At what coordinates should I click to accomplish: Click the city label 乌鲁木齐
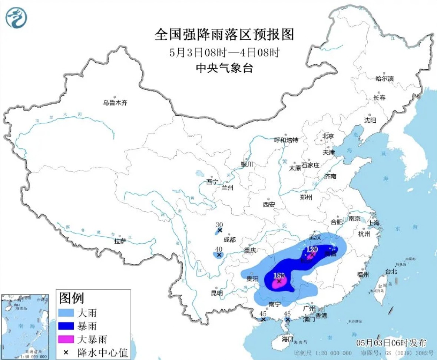point(115,103)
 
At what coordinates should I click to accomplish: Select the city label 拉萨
point(120,241)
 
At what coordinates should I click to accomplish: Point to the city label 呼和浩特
point(286,140)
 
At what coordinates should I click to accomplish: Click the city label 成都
point(230,240)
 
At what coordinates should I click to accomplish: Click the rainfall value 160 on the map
point(279,275)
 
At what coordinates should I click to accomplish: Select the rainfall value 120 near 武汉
point(312,249)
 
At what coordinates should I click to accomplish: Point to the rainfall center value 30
point(219,225)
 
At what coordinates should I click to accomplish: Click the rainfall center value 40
point(219,249)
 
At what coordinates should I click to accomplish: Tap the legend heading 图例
point(72,297)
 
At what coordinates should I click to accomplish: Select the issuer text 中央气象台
point(224,68)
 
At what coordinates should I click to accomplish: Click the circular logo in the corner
point(16,17)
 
